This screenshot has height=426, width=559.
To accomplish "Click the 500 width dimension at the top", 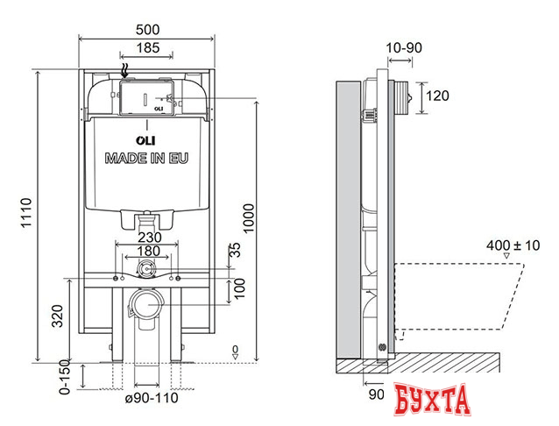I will point(146,27).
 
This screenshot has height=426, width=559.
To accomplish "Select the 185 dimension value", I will point(146,49).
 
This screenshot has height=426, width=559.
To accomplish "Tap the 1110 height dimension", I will point(25,216).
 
